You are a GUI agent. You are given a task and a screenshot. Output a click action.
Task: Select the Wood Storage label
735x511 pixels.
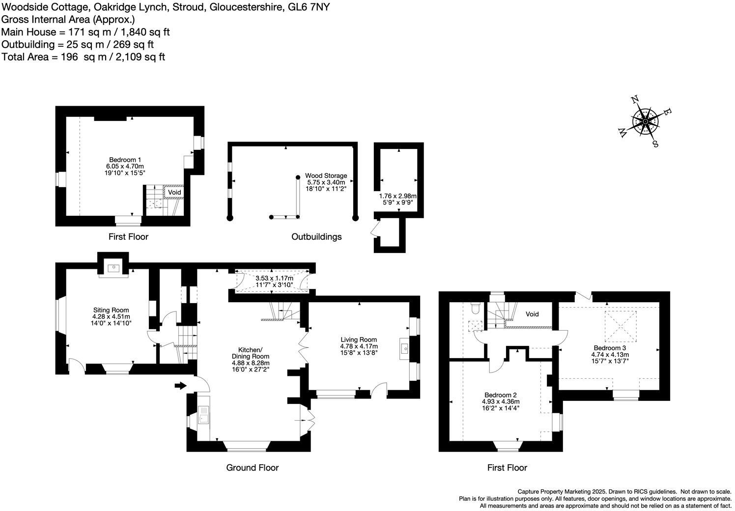(326, 175)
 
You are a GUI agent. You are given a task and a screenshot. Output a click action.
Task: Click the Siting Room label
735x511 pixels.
(111, 310)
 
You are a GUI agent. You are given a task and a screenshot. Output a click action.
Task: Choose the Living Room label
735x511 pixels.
(359, 340)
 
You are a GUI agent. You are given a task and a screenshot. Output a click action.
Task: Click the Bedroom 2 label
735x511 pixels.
(500, 395)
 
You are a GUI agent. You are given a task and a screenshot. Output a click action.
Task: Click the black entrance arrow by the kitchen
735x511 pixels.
(180, 386)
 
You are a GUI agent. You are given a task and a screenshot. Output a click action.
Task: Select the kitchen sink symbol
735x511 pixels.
(203, 416)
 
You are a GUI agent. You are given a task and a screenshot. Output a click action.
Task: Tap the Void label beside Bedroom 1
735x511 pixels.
(174, 192)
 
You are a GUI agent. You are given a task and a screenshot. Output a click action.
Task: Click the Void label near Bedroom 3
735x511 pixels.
(532, 314)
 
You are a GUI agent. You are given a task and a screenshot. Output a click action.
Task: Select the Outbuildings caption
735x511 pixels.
(316, 237)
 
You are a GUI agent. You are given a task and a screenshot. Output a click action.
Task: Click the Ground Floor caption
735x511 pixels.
(252, 468)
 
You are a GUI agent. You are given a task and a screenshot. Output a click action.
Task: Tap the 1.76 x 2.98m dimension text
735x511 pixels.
(397, 196)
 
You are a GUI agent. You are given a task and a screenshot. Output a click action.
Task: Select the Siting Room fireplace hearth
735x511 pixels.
(113, 268)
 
